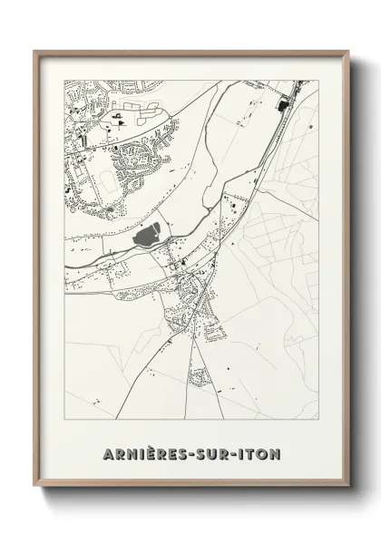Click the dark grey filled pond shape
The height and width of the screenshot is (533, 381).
146,238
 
